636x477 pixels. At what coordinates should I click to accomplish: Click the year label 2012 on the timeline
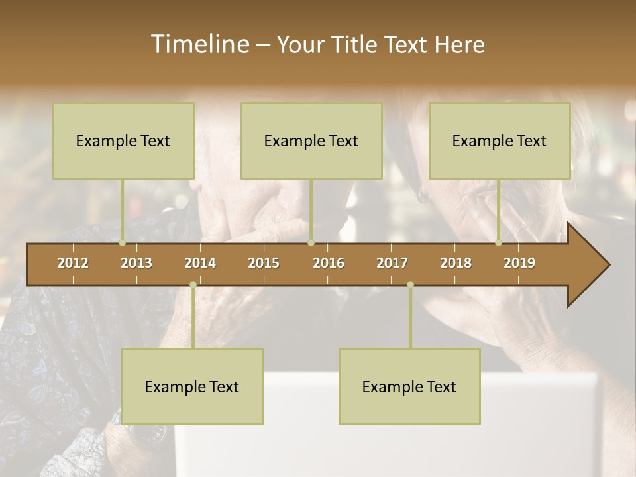pos(73,263)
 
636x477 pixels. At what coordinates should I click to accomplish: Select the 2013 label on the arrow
pos(136,263)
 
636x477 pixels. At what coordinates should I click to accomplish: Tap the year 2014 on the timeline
pos(200,263)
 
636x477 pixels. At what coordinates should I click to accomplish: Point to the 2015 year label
pos(264,263)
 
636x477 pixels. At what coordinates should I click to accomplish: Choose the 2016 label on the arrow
pos(329,263)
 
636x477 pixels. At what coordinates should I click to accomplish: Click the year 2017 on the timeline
pos(392,263)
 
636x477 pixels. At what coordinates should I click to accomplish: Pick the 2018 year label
pos(456,263)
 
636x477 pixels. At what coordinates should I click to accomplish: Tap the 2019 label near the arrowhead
pos(519,263)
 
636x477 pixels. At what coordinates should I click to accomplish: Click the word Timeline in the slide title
pos(199,44)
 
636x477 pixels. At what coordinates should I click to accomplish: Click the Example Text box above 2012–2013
pos(123,140)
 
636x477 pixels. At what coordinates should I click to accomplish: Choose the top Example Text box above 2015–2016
pos(311,140)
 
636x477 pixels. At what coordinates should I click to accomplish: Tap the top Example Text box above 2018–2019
pos(500,140)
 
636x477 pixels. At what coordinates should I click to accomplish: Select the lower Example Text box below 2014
pos(192,386)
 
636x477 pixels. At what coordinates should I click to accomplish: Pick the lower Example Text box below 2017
pos(409,386)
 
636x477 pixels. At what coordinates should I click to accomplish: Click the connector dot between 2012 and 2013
pos(122,243)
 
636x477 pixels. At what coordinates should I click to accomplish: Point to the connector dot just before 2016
pos(311,243)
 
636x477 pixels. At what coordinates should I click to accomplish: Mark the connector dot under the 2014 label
pos(193,285)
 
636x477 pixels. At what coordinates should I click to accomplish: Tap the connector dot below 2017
pos(410,285)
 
